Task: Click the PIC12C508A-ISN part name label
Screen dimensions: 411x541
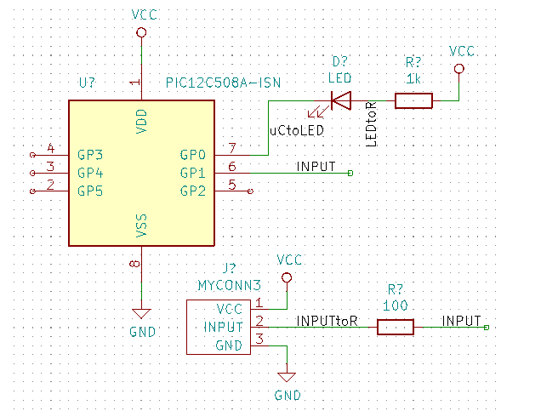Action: [x=223, y=83]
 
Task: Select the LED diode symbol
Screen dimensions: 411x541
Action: [x=341, y=101]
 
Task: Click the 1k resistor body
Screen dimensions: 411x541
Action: [x=413, y=101]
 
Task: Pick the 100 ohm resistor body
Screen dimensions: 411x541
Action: [x=396, y=327]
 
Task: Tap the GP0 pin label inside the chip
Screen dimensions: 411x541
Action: [x=193, y=156]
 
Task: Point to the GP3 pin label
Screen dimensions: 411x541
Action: [x=90, y=156]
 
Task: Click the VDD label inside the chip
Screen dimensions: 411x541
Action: [x=142, y=121]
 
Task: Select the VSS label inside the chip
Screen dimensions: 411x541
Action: [x=142, y=225]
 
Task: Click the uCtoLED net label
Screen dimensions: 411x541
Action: [x=296, y=131]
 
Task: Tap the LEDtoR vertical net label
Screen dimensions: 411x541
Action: [x=372, y=123]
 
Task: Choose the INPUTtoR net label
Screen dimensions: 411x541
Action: [x=327, y=321]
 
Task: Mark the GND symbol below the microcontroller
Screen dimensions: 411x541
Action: [x=142, y=313]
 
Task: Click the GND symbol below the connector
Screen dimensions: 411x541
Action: [x=288, y=377]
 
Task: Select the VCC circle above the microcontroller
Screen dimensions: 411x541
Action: [x=142, y=32]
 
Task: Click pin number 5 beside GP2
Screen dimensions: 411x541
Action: [x=231, y=185]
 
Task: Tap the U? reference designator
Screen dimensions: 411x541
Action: [x=86, y=83]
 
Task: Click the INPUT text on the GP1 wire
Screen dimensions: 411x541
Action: [x=316, y=166]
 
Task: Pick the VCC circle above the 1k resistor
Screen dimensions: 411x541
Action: [x=460, y=68]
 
